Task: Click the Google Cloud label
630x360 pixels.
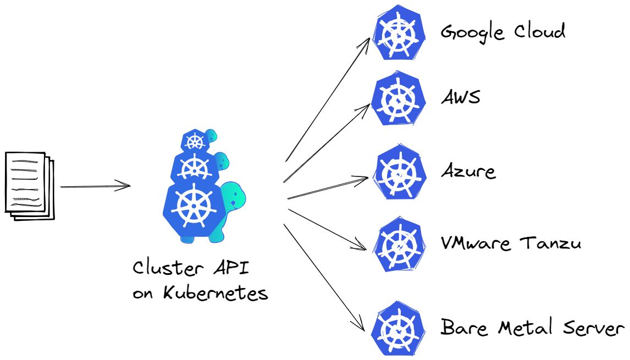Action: pos(502,32)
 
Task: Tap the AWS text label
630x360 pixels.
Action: pos(461,98)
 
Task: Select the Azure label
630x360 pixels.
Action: pos(468,171)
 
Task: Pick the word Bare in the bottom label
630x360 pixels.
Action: pos(465,328)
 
